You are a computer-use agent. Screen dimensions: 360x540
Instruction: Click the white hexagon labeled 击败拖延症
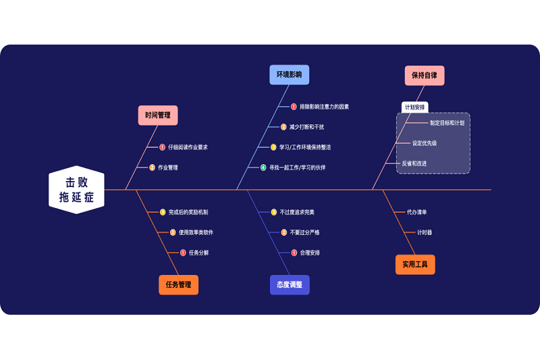[x=76, y=190]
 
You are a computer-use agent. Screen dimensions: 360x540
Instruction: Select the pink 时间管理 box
[x=158, y=115]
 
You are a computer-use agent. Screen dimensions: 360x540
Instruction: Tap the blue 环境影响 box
[x=289, y=74]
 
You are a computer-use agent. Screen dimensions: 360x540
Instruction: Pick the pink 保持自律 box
[x=425, y=75]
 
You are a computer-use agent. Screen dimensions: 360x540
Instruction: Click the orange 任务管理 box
[x=178, y=284]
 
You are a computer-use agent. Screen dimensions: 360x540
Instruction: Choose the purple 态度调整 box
[x=290, y=284]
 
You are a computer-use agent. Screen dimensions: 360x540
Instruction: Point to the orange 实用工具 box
[x=415, y=265]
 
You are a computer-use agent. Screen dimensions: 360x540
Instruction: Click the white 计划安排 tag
[x=414, y=107]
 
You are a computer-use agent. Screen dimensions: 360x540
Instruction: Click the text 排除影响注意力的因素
[x=324, y=107]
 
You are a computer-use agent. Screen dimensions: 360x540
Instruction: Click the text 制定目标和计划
[x=447, y=123]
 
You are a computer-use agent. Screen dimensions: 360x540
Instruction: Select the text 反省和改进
[x=414, y=163]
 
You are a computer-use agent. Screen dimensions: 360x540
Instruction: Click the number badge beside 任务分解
[x=183, y=253]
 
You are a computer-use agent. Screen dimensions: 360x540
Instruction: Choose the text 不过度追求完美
[x=297, y=212]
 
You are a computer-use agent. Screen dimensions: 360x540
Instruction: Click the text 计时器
[x=425, y=232]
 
